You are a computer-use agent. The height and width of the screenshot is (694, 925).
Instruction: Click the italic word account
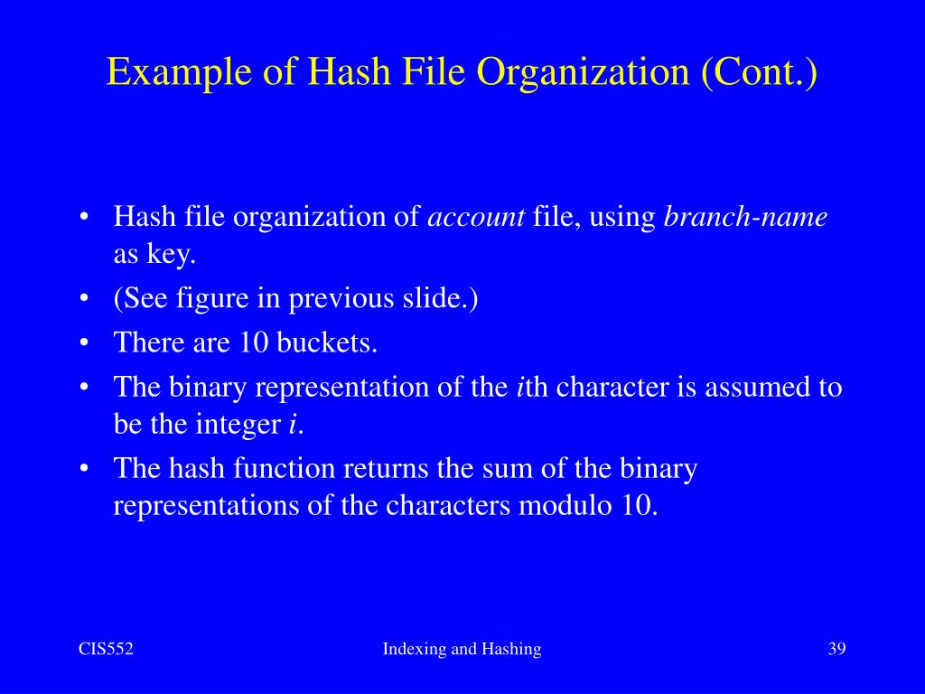(x=476, y=217)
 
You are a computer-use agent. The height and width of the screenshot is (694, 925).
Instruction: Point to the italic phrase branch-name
(x=746, y=217)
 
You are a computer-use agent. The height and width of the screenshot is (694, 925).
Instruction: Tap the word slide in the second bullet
(x=442, y=298)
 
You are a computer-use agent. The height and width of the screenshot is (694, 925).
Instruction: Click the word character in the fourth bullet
(x=612, y=387)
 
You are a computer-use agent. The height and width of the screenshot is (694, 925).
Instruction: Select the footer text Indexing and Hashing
(x=462, y=649)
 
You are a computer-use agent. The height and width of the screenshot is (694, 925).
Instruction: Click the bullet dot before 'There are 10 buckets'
(x=84, y=343)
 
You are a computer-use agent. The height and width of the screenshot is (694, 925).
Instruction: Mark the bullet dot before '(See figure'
(x=84, y=298)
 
